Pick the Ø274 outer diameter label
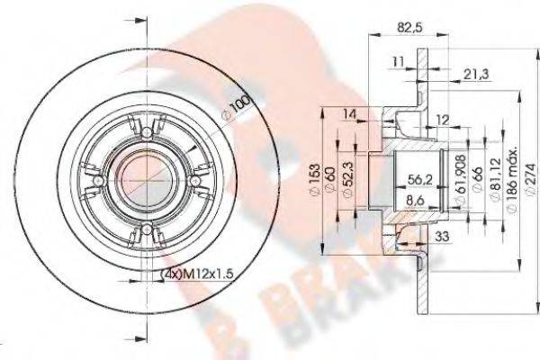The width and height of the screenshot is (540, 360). pyautogui.click(x=526, y=189)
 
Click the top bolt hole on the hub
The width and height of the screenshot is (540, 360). pyautogui.click(x=144, y=131)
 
